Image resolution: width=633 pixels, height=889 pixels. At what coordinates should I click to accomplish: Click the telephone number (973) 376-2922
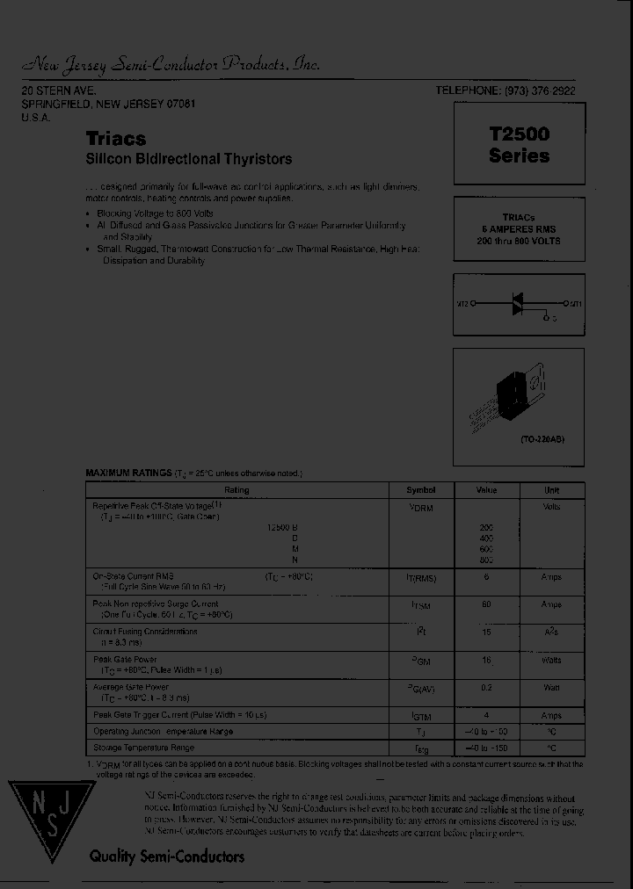tap(540, 91)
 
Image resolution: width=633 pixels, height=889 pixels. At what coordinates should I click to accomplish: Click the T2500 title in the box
tap(519, 134)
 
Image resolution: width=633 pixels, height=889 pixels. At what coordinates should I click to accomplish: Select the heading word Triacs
tap(116, 139)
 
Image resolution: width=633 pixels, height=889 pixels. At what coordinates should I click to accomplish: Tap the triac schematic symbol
tap(518, 304)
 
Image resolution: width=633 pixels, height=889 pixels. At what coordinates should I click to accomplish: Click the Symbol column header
tap(420, 490)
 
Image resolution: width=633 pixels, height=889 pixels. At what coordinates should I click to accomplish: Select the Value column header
tap(486, 490)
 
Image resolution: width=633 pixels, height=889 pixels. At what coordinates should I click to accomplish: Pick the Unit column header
tap(551, 490)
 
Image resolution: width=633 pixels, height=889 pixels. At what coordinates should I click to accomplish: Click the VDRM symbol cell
tap(420, 508)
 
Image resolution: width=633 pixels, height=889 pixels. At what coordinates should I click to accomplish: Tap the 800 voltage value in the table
tap(486, 560)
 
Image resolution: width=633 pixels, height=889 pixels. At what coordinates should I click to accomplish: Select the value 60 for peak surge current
tap(486, 604)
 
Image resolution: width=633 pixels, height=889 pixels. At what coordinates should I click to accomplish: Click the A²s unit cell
tap(551, 632)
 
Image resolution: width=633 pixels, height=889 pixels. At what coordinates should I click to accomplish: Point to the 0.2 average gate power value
tap(486, 688)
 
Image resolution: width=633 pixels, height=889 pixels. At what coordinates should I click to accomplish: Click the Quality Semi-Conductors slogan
tap(166, 856)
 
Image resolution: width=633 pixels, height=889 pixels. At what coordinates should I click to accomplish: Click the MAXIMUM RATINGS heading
tap(128, 473)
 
